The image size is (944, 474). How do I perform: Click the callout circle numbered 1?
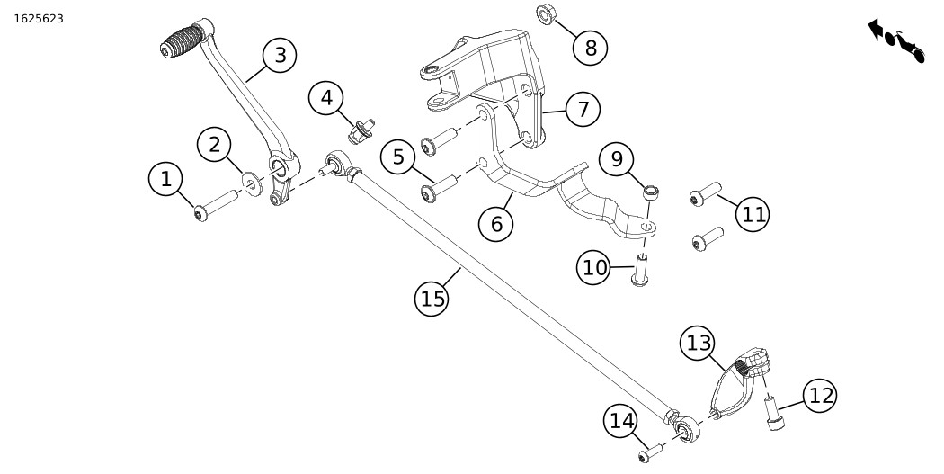click(165, 179)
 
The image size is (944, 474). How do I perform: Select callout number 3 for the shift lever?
click(281, 56)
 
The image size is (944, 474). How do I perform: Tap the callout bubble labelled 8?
click(591, 48)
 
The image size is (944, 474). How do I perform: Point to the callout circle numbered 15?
click(432, 299)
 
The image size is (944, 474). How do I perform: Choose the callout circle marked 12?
click(820, 395)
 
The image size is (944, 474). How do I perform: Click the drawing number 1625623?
click(39, 19)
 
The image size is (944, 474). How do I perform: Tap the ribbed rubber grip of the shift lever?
click(183, 40)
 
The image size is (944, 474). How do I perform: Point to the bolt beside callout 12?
click(772, 413)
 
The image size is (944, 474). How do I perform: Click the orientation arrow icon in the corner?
click(896, 40)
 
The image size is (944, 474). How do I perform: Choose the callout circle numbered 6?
click(496, 224)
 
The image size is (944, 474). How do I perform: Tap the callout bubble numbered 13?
click(699, 343)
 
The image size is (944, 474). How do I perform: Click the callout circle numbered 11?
click(753, 214)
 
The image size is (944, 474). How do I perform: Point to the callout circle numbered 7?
click(583, 110)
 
